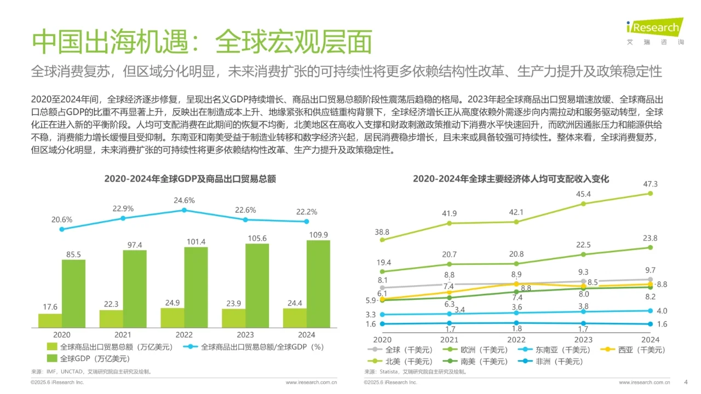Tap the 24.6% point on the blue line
[184, 210]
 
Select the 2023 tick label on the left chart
[245, 335]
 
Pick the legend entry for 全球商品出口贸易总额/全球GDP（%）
[255, 347]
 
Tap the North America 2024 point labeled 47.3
[651, 193]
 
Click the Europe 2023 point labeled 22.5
[583, 254]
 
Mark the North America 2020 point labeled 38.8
[382, 240]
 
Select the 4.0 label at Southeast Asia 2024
[662, 311]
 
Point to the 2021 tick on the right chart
[449, 339]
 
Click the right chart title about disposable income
[510, 179]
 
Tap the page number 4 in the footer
[686, 382]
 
